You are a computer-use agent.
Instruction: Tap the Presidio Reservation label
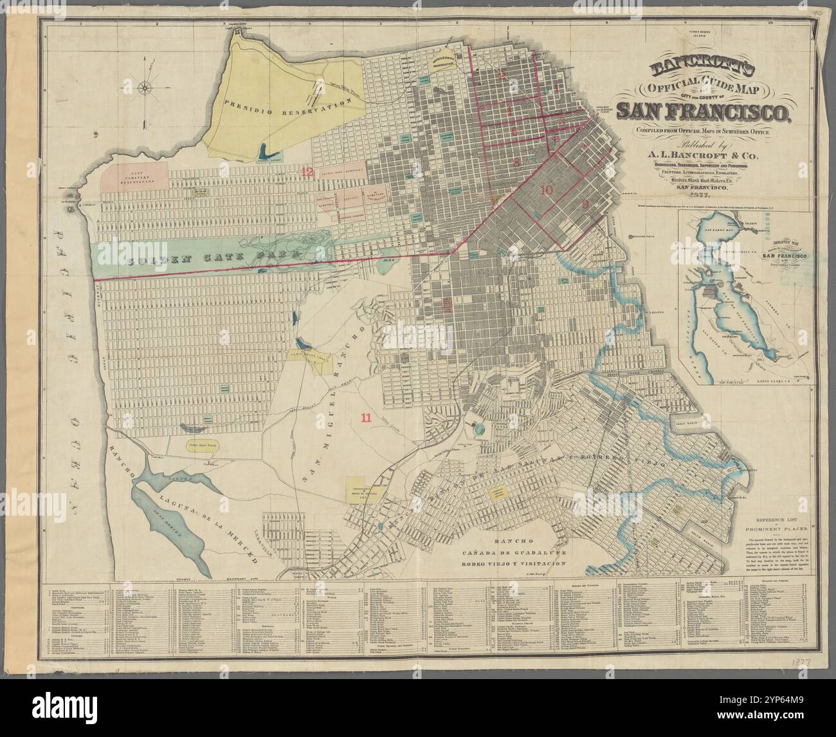point(290,106)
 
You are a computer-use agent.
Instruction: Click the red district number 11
point(366,417)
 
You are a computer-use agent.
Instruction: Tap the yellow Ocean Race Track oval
point(191,445)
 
